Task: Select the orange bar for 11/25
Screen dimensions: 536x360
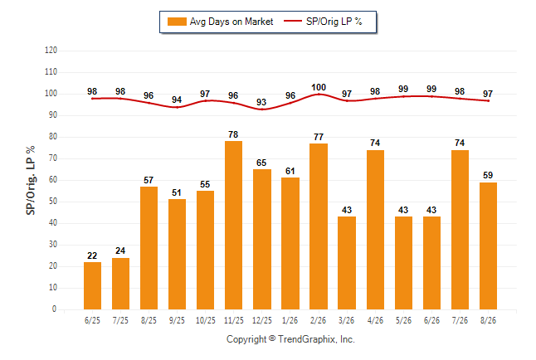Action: (x=233, y=225)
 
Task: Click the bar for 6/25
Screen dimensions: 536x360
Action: (x=92, y=285)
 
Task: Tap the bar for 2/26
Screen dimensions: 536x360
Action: (x=319, y=226)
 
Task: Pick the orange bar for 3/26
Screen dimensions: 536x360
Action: (x=347, y=263)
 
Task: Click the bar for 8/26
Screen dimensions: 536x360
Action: (x=488, y=246)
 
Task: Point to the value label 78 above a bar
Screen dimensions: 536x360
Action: (x=233, y=134)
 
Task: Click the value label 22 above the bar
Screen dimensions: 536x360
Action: (x=92, y=255)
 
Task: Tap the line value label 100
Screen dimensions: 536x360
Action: (x=319, y=87)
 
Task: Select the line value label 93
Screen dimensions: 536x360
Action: (x=261, y=102)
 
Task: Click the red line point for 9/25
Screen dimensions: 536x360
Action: (x=177, y=107)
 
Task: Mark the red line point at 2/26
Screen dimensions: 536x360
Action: (x=319, y=94)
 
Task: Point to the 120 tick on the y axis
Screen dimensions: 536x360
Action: (x=51, y=51)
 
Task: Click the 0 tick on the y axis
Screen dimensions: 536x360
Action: (x=54, y=309)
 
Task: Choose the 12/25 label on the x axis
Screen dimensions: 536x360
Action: (x=262, y=320)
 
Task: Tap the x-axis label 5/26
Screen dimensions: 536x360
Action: (x=403, y=320)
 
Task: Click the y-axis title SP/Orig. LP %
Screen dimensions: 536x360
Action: (x=31, y=180)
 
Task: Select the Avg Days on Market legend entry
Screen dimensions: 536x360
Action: (x=221, y=22)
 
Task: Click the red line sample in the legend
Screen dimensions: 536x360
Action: (x=293, y=22)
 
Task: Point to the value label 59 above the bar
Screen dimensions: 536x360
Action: (x=488, y=175)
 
